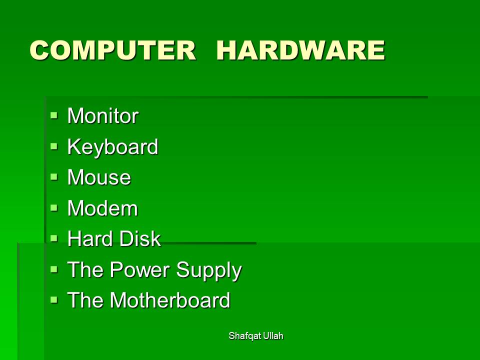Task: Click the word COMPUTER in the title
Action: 112,50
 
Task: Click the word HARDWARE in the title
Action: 300,50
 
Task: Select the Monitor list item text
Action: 103,115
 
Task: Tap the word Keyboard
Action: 112,147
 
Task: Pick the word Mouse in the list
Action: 99,177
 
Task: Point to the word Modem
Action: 102,208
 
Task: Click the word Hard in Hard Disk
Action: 90,238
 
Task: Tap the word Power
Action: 139,269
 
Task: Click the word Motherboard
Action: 170,299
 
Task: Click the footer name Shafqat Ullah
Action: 256,336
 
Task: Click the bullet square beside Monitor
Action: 54,115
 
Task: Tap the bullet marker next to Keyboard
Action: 54,146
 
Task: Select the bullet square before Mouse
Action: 54,177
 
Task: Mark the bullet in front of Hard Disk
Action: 54,238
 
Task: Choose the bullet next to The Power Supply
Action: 54,269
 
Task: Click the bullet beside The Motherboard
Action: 54,299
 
